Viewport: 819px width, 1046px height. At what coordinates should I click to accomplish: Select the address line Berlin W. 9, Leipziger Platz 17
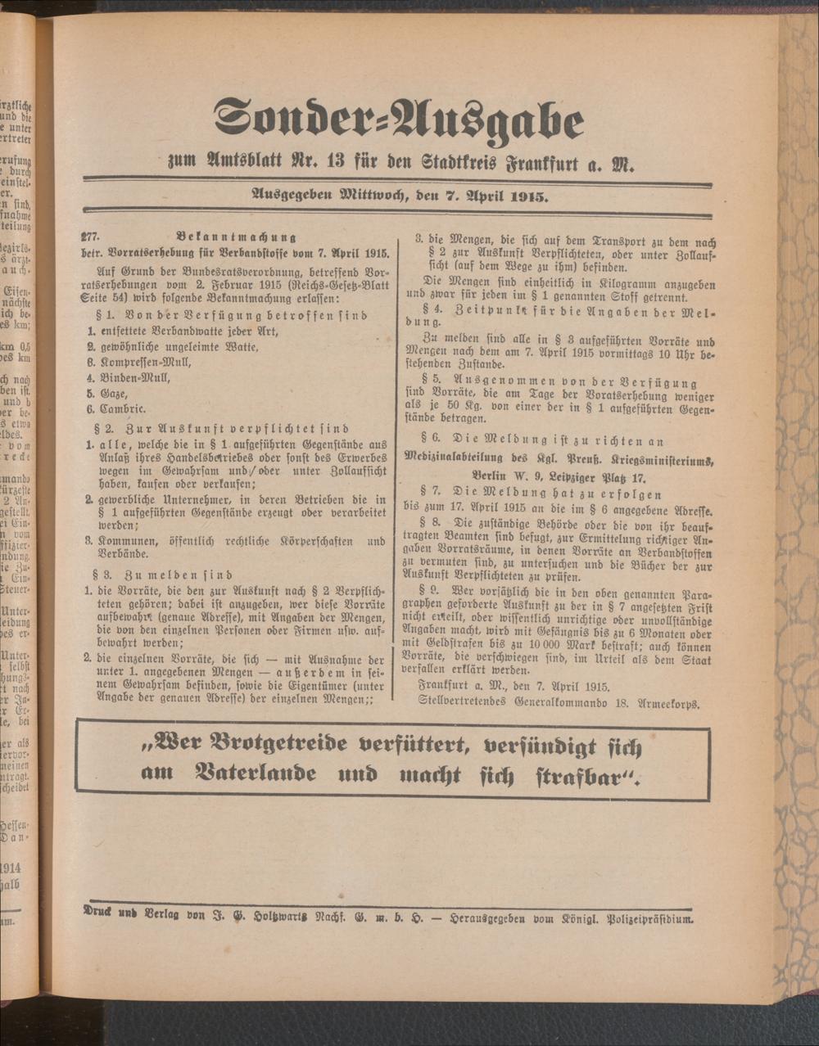point(559,476)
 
